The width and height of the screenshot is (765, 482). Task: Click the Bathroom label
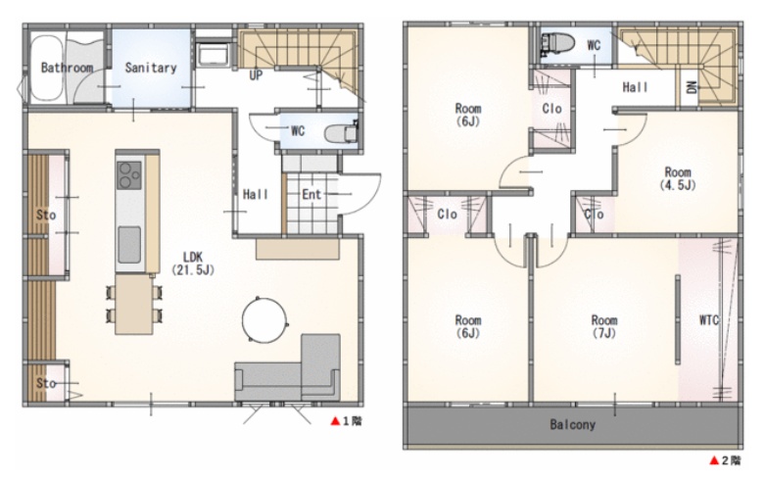(x=67, y=68)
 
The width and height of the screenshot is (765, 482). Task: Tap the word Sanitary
(x=151, y=68)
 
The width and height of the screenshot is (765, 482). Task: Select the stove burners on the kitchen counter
(x=129, y=175)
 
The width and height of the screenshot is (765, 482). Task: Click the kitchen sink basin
(x=129, y=244)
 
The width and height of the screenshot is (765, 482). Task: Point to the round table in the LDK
(x=264, y=320)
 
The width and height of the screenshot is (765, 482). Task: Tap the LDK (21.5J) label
(x=193, y=263)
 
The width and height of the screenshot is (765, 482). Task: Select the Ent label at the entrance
(x=311, y=194)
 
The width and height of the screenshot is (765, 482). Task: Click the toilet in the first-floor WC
(x=342, y=132)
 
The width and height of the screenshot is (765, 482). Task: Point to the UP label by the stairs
(x=256, y=75)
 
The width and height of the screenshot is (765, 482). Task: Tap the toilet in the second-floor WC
(x=558, y=44)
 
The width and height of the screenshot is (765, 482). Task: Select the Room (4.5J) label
(x=678, y=178)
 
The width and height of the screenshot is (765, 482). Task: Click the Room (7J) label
(x=604, y=326)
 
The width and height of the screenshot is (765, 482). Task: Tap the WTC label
(x=709, y=320)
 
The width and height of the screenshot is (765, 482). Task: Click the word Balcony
(x=573, y=424)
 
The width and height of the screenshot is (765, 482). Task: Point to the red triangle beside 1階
(x=335, y=420)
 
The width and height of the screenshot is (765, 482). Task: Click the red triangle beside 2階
(x=714, y=460)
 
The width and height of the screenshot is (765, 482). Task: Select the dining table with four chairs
(x=133, y=305)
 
